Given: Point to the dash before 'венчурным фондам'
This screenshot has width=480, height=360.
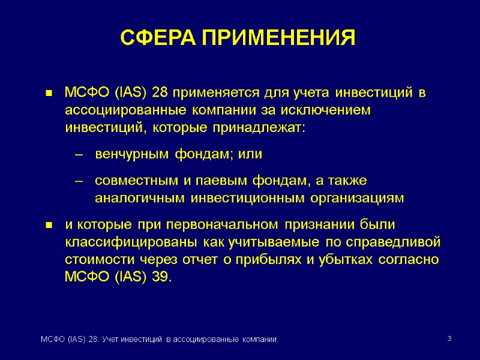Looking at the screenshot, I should tap(77, 154).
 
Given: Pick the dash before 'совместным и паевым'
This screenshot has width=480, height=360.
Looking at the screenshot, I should tap(77, 181).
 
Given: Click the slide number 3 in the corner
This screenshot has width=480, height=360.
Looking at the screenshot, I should tap(449, 340).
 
